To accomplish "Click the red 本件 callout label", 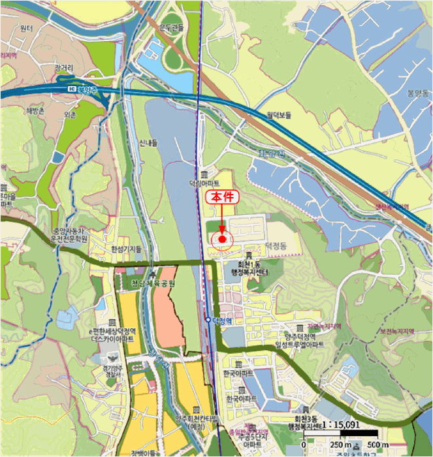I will [222, 196].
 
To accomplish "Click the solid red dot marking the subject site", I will [223, 239].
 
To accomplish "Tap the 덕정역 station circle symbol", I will [208, 321].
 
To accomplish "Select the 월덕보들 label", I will [278, 115].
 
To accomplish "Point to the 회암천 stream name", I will [268, 156].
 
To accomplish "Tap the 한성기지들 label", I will [126, 249].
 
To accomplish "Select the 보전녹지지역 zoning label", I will [400, 332].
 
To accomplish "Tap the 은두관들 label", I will [172, 27].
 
